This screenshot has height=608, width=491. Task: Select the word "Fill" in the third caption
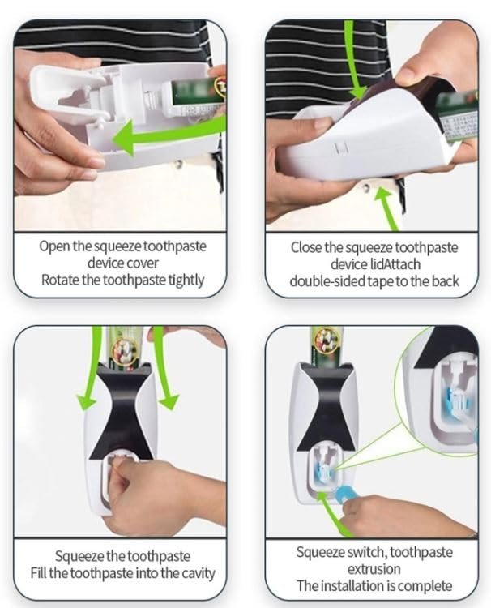(x=38, y=572)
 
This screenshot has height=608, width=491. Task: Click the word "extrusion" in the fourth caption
(x=374, y=569)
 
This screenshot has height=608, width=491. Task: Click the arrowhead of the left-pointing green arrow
(x=123, y=139)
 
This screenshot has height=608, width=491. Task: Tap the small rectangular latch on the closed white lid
(x=340, y=148)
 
